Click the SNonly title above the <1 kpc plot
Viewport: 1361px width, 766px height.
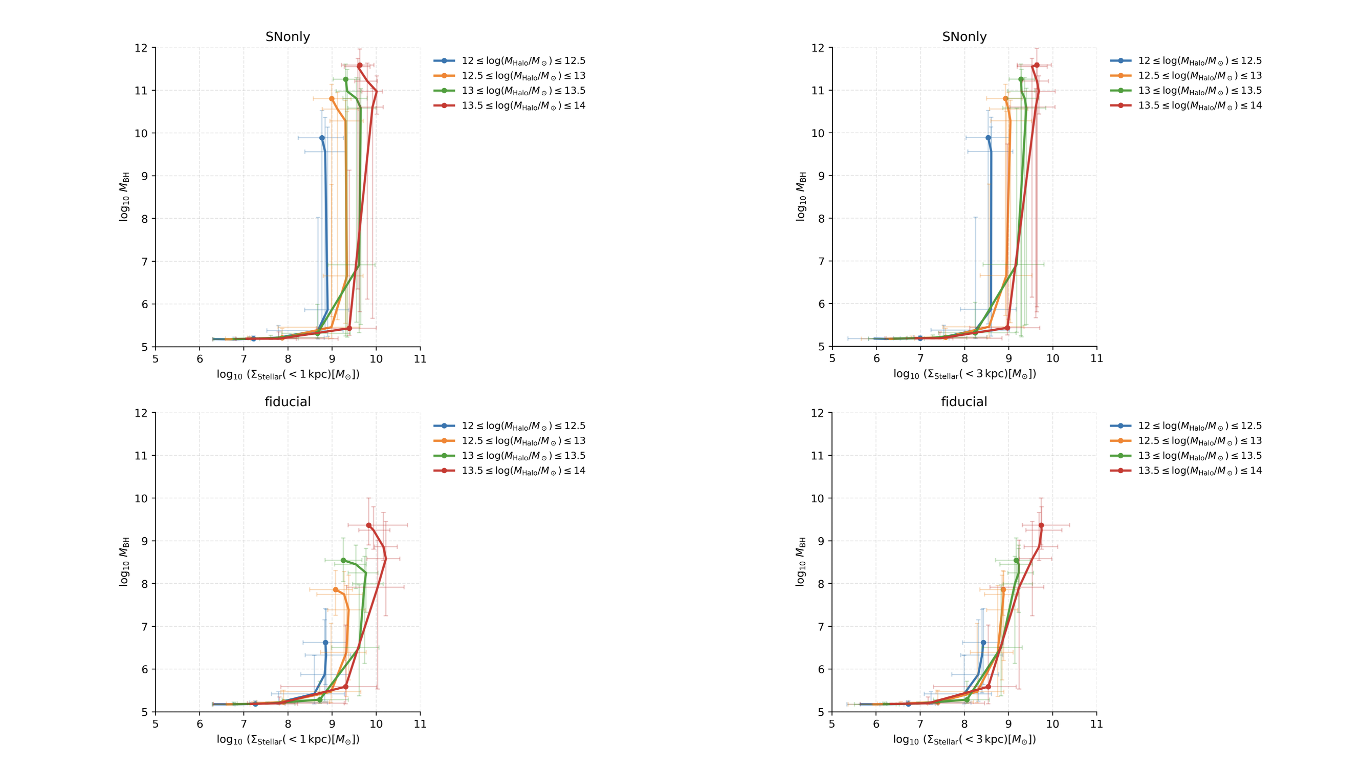tap(288, 37)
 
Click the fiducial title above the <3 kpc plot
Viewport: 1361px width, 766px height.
tap(963, 402)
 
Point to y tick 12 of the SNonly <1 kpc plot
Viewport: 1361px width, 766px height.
tap(141, 48)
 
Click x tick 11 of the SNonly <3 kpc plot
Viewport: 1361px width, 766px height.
tap(1097, 358)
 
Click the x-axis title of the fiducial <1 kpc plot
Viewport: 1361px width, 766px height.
tap(288, 739)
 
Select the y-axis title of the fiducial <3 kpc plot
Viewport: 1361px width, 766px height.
tap(800, 562)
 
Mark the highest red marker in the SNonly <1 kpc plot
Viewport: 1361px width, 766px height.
tap(360, 66)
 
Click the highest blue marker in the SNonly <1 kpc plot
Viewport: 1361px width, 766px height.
tap(322, 138)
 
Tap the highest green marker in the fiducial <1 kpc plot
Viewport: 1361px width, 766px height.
tap(343, 560)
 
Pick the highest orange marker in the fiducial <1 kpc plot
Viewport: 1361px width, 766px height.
tap(336, 590)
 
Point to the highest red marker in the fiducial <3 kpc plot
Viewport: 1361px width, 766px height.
tap(1041, 525)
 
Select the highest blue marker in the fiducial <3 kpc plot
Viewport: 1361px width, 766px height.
tap(983, 643)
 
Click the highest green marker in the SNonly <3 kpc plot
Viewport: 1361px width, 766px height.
tap(1021, 79)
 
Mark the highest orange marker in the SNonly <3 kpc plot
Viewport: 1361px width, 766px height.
tap(1005, 99)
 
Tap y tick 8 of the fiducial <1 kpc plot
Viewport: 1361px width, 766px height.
tap(144, 584)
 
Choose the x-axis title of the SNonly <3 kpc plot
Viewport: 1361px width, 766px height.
tap(964, 374)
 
